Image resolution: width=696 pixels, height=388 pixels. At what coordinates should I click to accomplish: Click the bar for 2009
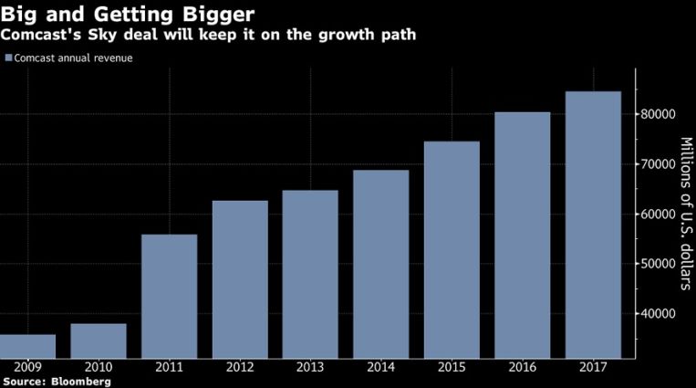[x=28, y=347]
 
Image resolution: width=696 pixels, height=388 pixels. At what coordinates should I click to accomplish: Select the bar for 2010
[x=99, y=341]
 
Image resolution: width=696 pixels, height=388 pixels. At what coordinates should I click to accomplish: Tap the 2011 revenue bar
[x=170, y=297]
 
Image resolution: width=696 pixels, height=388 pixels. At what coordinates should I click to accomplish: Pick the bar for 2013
[x=312, y=274]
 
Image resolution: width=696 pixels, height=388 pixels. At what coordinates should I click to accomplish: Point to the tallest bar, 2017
[x=594, y=225]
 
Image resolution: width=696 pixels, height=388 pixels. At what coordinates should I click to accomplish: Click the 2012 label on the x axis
[x=241, y=367]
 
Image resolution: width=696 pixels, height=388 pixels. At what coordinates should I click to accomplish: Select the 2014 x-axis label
[x=382, y=367]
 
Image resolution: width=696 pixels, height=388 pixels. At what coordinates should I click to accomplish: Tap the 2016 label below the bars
[x=523, y=367]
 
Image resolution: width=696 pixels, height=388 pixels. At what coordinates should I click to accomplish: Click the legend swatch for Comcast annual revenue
[x=8, y=58]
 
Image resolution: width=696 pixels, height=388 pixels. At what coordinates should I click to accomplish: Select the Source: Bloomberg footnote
[x=57, y=382]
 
